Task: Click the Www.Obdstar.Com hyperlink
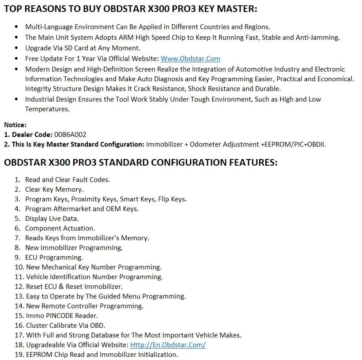click(190, 58)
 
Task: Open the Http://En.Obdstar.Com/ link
click(167, 345)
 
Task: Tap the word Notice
click(15, 125)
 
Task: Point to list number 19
click(18, 354)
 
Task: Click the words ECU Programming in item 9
click(54, 257)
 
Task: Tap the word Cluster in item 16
click(37, 325)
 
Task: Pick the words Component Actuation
click(60, 228)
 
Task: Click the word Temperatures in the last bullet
click(47, 109)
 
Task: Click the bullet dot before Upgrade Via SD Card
click(17, 48)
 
